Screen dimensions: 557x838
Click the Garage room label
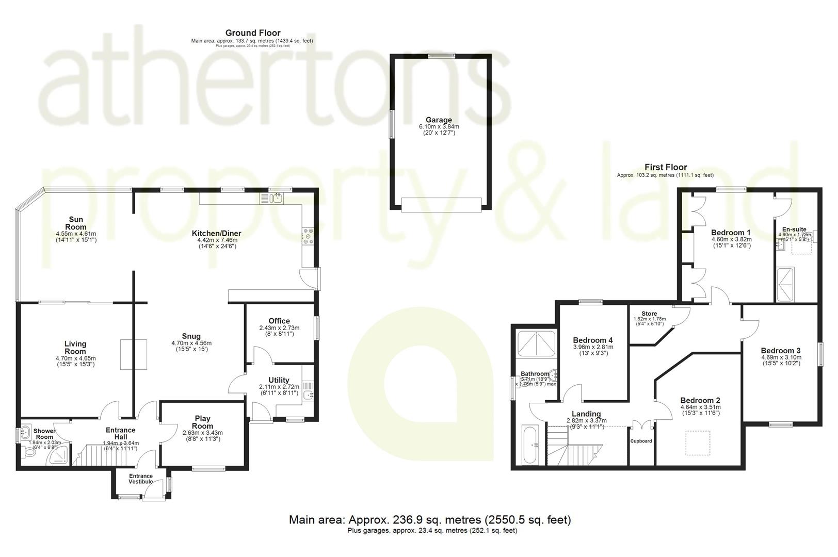(x=439, y=120)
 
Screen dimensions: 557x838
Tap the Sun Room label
(x=75, y=223)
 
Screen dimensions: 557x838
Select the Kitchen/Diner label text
(x=219, y=234)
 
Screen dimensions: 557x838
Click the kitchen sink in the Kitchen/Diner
(x=277, y=198)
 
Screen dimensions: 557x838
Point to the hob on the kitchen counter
(x=308, y=236)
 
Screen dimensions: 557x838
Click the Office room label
(x=279, y=321)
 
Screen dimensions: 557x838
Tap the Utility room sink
(x=308, y=395)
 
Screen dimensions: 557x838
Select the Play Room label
(x=203, y=422)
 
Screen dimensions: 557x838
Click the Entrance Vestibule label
(x=141, y=479)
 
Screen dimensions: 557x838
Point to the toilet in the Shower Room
(x=28, y=452)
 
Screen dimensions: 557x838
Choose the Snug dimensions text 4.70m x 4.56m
(x=191, y=343)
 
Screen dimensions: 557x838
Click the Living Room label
(x=75, y=348)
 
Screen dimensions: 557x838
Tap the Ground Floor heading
(x=253, y=33)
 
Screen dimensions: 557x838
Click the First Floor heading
(x=666, y=167)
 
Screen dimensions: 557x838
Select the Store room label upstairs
(x=649, y=314)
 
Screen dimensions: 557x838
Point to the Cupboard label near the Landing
(x=641, y=441)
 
